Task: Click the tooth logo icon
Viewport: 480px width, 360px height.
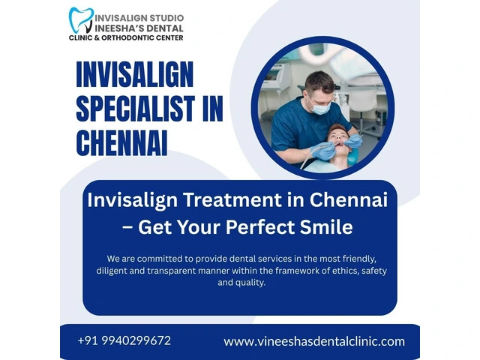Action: click(x=81, y=20)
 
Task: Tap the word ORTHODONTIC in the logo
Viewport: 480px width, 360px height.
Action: click(x=128, y=37)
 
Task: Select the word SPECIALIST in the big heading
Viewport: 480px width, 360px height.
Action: click(x=135, y=108)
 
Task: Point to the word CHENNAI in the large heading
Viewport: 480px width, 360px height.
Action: click(x=121, y=143)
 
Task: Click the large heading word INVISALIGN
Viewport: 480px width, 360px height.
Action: click(x=135, y=74)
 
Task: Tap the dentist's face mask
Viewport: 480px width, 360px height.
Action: click(x=319, y=106)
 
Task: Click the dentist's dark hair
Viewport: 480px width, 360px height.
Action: click(x=319, y=81)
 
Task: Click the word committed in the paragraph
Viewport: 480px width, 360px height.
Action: click(x=158, y=259)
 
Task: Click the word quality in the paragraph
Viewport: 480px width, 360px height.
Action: click(x=253, y=283)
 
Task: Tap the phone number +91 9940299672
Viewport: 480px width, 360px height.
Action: click(x=124, y=340)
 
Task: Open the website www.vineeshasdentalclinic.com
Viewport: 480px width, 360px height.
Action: click(x=314, y=341)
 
